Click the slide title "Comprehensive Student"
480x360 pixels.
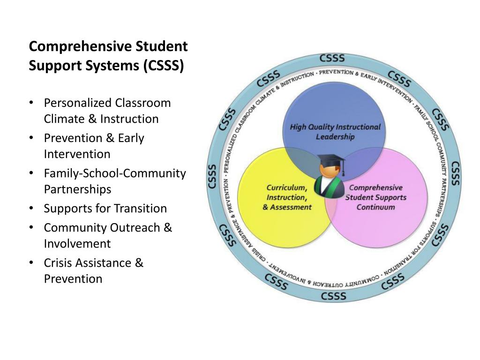[108, 47]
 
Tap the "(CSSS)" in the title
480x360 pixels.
[164, 66]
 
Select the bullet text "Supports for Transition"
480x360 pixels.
[105, 209]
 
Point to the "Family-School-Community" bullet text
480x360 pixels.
[115, 173]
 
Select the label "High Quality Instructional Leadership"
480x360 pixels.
[335, 132]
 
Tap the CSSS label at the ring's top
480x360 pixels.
[332, 59]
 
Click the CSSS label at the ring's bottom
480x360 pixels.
[334, 296]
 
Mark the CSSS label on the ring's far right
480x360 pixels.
[455, 173]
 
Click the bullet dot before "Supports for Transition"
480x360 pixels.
[31, 209]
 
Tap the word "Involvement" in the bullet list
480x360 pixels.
[77, 244]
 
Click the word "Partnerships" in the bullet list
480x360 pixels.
[77, 189]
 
